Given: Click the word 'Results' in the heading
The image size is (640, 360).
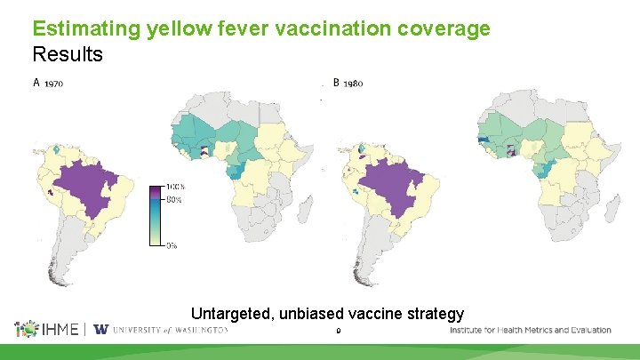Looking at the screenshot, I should click(68, 54).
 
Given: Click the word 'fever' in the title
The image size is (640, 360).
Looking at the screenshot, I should click(204, 28).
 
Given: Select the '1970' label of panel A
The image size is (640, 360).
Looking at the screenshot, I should click(53, 84).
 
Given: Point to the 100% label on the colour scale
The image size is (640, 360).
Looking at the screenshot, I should click(175, 187).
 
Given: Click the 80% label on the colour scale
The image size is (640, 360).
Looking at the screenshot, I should click(174, 200).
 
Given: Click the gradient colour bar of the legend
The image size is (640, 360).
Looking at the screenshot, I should click(157, 215).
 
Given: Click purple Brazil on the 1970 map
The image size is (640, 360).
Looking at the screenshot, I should click(89, 187).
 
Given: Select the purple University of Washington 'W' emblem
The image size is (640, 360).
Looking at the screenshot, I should click(100, 330).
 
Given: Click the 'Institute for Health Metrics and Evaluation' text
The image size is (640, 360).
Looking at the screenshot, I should click(531, 330).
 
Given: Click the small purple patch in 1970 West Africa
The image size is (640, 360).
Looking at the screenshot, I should click(206, 150).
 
